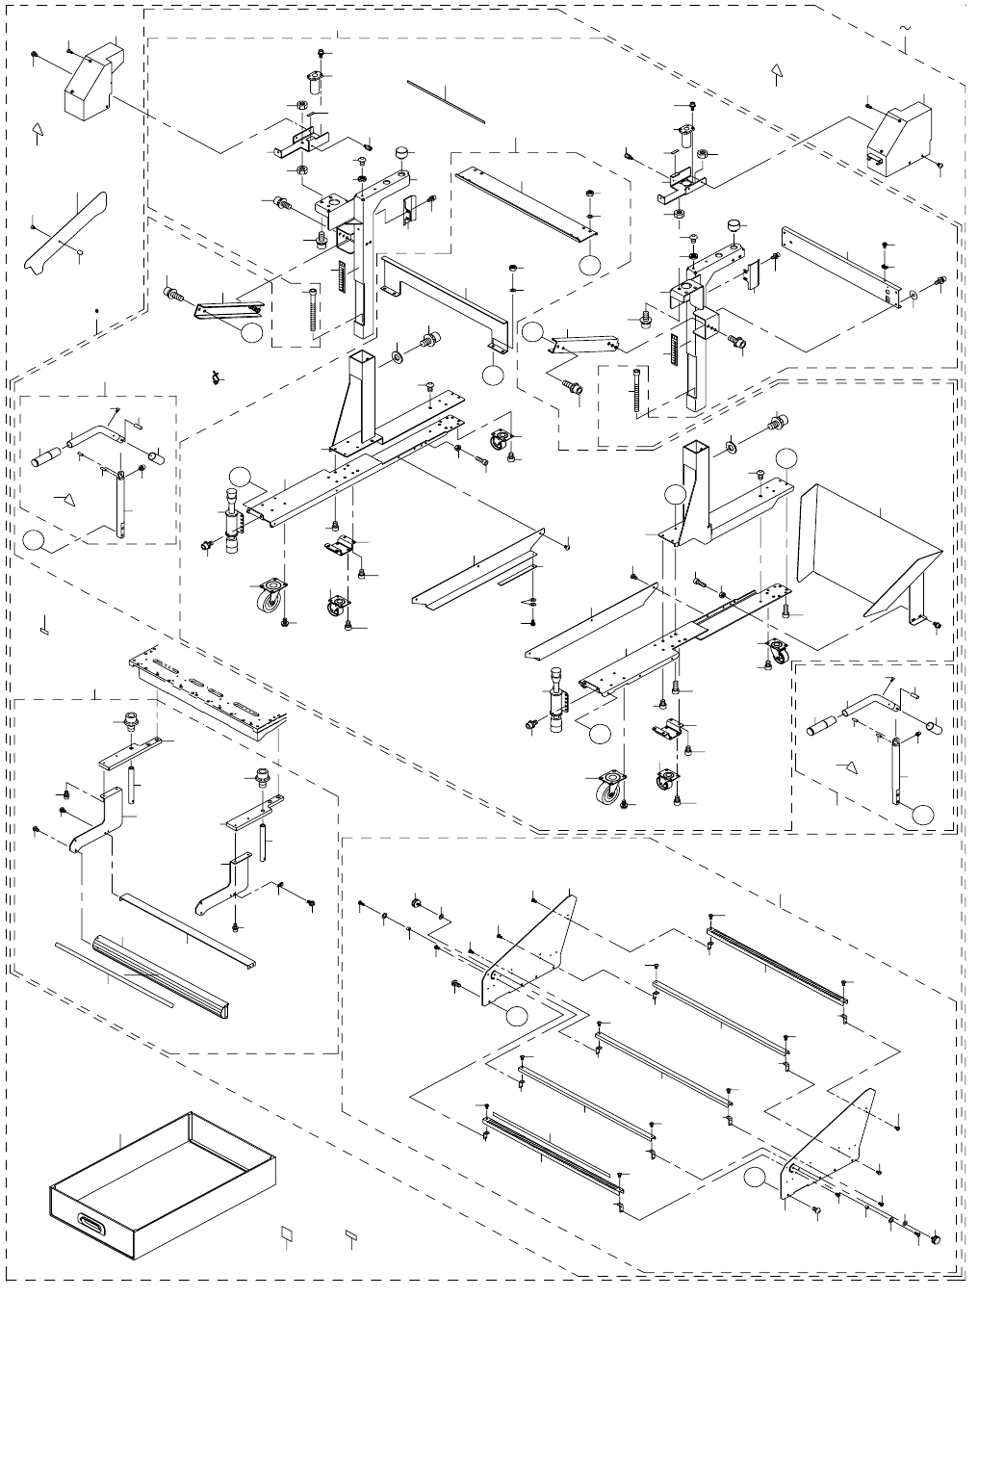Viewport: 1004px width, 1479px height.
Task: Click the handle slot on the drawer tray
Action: (94, 1222)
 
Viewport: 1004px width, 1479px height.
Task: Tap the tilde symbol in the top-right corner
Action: (905, 29)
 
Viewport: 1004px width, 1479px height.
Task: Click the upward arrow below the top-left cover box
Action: (38, 132)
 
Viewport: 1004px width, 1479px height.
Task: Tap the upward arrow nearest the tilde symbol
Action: (778, 71)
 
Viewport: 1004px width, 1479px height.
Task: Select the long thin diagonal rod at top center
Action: (446, 101)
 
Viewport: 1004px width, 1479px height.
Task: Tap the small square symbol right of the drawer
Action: (286, 1232)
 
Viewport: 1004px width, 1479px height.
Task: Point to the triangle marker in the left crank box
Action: (65, 498)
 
